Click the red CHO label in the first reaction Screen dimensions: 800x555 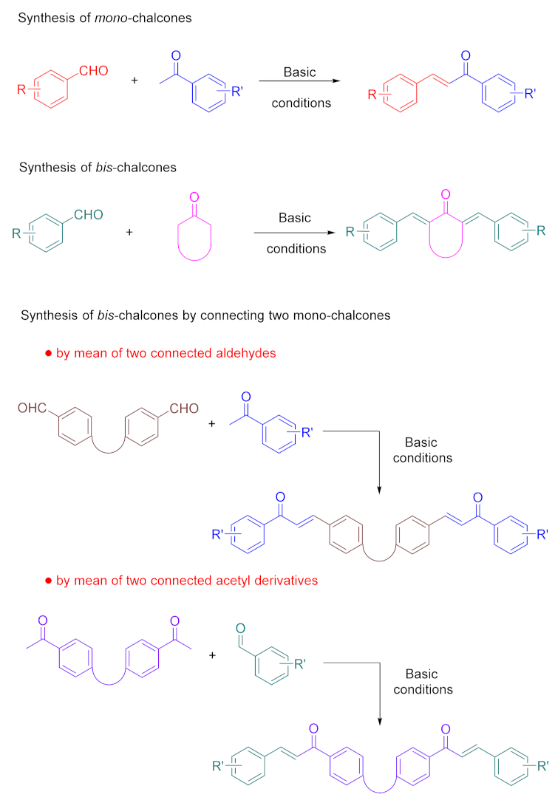pyautogui.click(x=95, y=71)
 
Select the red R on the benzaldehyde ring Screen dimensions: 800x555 pyautogui.click(x=21, y=90)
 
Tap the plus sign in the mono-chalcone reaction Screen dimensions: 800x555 pyautogui.click(x=134, y=79)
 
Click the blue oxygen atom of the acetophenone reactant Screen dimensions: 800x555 pyautogui.click(x=176, y=55)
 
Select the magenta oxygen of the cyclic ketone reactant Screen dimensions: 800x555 pyautogui.click(x=194, y=197)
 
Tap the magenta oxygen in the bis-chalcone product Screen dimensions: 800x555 pyautogui.click(x=444, y=196)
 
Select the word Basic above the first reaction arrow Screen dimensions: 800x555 pyautogui.click(x=300, y=72)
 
